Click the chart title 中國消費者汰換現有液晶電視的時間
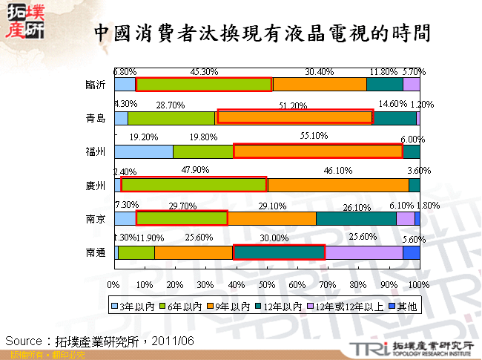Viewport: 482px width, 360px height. click(x=263, y=33)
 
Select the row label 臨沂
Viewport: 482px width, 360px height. click(x=96, y=85)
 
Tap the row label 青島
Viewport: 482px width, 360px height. click(x=96, y=118)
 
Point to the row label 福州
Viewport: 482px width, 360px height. click(x=96, y=151)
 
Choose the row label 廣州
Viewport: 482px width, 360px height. click(x=96, y=186)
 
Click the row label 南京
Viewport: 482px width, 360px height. click(x=96, y=219)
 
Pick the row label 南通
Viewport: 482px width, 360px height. click(x=96, y=252)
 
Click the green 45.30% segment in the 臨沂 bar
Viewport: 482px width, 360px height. click(x=204, y=85)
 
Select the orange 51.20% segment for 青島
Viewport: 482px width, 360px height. click(x=294, y=117)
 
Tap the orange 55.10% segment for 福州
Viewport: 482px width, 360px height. click(x=317, y=151)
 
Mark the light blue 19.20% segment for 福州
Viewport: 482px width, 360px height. click(x=144, y=151)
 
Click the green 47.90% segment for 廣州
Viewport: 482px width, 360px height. click(x=193, y=185)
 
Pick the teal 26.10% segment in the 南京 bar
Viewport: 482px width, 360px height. click(x=356, y=218)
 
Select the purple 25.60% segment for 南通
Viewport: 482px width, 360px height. click(x=363, y=252)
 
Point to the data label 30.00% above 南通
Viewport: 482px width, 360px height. click(x=274, y=238)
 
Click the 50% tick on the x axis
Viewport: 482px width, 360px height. click(x=266, y=284)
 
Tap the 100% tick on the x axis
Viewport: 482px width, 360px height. click(x=419, y=284)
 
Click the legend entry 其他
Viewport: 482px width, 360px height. click(x=406, y=305)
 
